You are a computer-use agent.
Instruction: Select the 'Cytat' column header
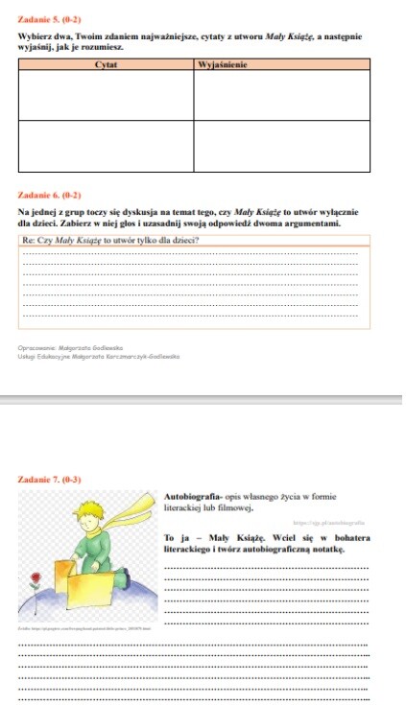coord(106,64)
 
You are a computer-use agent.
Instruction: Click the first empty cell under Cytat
coord(106,94)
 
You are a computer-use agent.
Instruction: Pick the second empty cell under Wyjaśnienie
coord(282,145)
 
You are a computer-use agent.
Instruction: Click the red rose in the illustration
coord(36,580)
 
